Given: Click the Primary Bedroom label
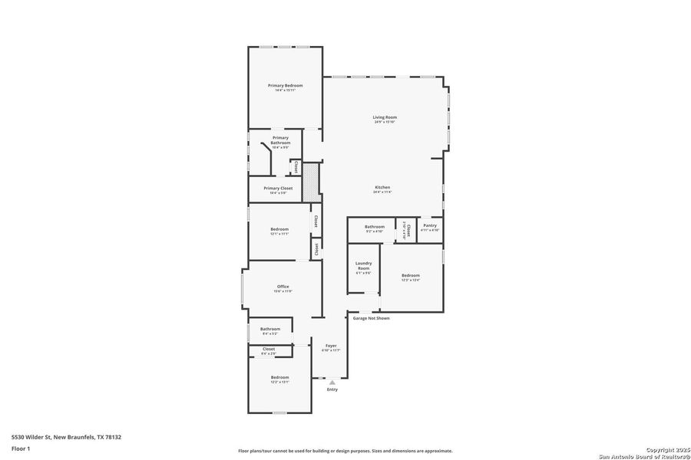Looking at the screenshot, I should point(285,85).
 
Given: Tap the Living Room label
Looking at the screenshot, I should point(385,117).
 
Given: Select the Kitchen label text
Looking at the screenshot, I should point(382,188).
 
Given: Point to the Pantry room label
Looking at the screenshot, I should point(430,225).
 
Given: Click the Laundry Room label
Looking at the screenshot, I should point(363,266).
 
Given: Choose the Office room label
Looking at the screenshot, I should point(283,287).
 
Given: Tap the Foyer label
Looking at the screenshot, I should point(331,346).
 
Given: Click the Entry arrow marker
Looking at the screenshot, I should point(332,382).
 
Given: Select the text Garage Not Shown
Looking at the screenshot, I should point(371,317).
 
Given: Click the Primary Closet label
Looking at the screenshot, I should point(278,188).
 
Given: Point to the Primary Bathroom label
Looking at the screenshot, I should point(280,140).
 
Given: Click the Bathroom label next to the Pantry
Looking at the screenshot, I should point(375,226).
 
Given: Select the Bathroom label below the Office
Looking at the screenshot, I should point(270,329).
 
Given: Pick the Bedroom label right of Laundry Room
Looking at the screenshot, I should point(411,275).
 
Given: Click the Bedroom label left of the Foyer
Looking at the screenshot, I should point(279,377).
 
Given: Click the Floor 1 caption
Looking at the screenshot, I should point(21,450).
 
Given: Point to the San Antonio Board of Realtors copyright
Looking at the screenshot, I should point(645,453).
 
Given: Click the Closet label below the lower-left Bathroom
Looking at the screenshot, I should point(269,349).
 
